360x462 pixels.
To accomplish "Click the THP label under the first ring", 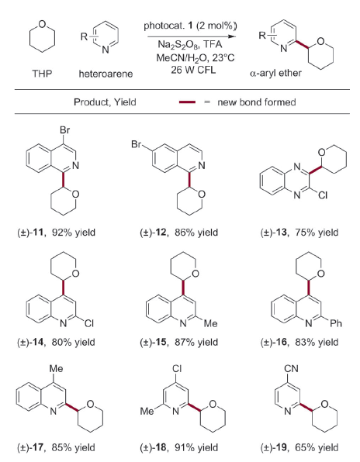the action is click(42, 74).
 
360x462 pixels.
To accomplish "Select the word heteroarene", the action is click(106, 74).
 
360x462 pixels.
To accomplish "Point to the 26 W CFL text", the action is click(193, 70).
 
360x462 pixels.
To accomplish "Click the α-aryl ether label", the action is click(275, 73).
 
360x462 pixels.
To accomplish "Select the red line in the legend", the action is click(187, 102).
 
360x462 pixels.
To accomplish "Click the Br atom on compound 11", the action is click(65, 130).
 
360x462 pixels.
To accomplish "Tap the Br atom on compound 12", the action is click(137, 145).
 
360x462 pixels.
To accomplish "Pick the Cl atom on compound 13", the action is click(323, 195).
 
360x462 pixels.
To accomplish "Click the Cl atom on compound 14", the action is click(88, 323).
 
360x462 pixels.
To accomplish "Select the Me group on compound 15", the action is click(211, 323).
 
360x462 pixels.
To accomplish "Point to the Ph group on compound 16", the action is click(336, 323).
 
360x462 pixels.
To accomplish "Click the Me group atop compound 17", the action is click(56, 369).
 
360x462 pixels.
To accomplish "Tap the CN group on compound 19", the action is click(291, 369).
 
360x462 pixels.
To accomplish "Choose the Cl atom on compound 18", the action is click(177, 369).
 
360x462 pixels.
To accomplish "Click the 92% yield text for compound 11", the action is click(74, 233).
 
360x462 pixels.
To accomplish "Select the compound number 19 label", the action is click(282, 447).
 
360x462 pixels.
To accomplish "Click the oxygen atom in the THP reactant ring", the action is click(42, 24).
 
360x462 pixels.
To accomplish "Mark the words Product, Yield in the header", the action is click(105, 102).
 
